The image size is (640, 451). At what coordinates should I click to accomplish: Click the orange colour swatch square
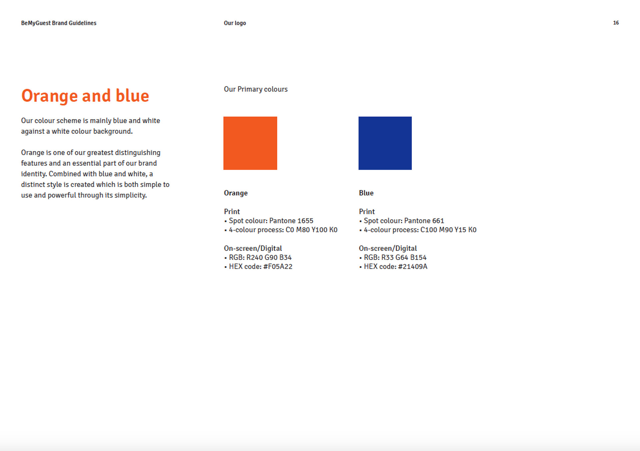tap(250, 143)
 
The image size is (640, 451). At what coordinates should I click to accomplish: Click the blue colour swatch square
tap(385, 143)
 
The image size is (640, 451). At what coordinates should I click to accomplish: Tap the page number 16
tap(616, 23)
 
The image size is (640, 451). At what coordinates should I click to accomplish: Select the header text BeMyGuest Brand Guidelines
tap(59, 23)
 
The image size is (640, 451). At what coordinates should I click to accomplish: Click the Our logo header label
tap(235, 23)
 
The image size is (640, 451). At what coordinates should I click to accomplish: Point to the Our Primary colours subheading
tap(256, 89)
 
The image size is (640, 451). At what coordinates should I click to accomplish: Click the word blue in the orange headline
tap(132, 96)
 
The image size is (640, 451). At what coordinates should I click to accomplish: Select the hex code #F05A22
tap(278, 267)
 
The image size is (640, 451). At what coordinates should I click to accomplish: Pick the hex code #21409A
tap(413, 267)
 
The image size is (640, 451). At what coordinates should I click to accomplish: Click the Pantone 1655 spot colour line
tap(269, 221)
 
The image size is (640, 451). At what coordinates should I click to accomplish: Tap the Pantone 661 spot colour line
tap(402, 221)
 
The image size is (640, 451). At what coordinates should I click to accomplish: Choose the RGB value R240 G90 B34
tap(269, 258)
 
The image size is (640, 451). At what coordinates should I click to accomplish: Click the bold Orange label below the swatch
tap(236, 193)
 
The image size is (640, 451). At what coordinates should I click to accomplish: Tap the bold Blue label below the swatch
tap(366, 193)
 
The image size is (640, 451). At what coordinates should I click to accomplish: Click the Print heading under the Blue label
tap(367, 211)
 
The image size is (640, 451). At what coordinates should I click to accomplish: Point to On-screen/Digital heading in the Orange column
tap(253, 249)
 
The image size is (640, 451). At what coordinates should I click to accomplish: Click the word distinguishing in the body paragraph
tap(138, 153)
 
